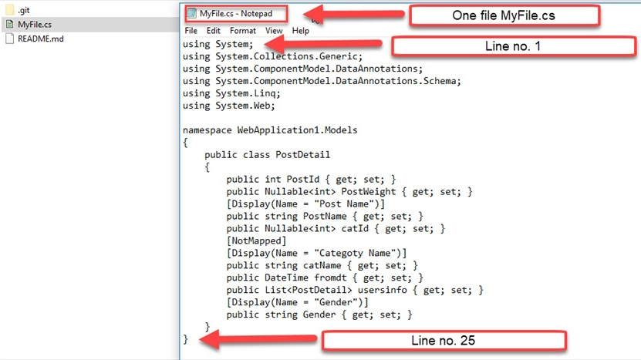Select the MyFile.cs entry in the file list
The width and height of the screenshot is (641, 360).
tap(34, 25)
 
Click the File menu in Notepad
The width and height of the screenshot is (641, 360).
tap(191, 31)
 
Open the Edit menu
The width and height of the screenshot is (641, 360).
tap(214, 31)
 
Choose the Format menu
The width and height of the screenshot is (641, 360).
tap(243, 31)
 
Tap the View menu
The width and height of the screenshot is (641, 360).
tap(274, 31)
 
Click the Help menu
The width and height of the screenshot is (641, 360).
tap(301, 31)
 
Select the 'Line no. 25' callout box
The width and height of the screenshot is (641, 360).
tap(444, 340)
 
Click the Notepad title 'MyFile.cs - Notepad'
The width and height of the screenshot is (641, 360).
tap(236, 13)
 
